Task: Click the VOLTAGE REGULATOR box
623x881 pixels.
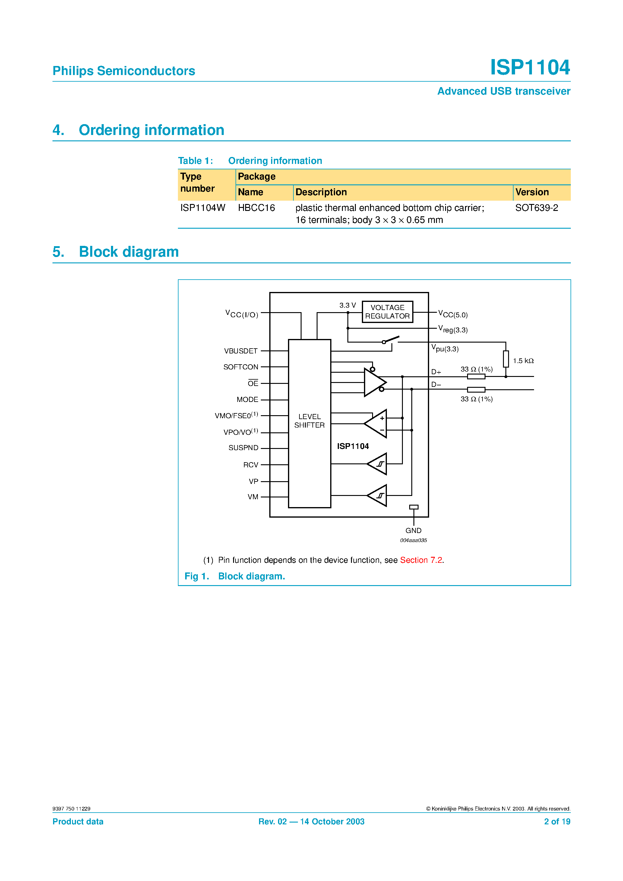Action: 387,312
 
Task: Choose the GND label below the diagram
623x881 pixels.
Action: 413,530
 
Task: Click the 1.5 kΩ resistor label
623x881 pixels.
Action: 523,361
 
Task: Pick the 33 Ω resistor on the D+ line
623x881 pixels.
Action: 476,376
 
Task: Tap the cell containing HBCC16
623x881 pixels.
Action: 256,208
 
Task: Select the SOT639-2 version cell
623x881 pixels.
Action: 536,208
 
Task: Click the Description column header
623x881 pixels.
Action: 321,192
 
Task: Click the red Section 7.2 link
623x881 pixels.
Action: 421,560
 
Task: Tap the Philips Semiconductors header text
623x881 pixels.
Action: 124,71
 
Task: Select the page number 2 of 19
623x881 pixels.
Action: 557,822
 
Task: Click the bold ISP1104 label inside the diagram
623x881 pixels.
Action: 353,446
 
